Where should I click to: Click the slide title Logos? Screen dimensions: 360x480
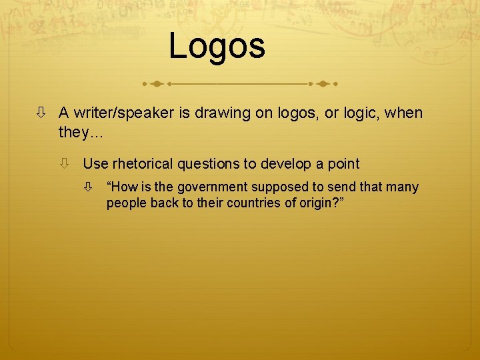point(217,46)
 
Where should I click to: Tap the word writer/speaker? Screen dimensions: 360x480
point(124,113)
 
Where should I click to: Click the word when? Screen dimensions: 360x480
point(403,113)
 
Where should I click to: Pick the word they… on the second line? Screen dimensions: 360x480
point(81,132)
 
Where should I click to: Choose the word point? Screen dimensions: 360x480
point(343,163)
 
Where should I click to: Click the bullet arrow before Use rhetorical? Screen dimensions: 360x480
point(65,163)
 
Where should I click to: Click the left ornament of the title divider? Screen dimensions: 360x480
point(155,85)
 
